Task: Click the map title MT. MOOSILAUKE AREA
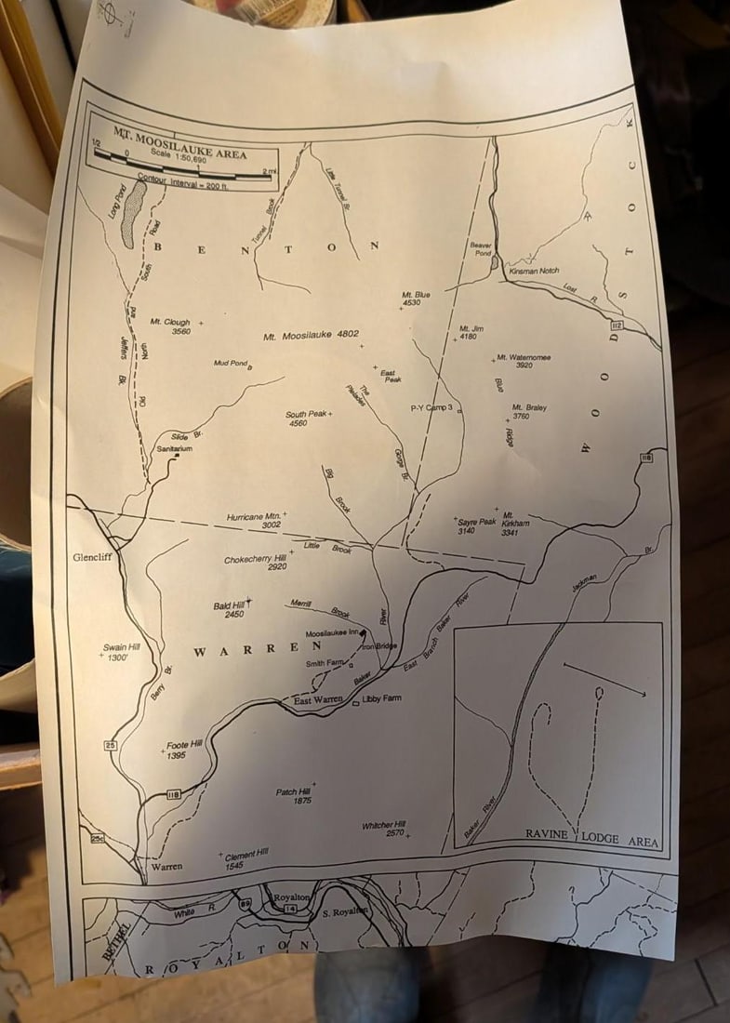tap(180, 142)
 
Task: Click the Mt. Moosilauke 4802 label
tap(311, 336)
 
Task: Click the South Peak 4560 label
tap(307, 418)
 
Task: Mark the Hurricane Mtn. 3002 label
tap(254, 521)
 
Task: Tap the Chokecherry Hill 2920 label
tap(255, 564)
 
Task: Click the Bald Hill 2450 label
tap(229, 610)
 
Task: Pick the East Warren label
tap(317, 700)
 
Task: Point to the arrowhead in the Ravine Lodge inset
tap(641, 692)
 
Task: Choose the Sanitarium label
tap(174, 448)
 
